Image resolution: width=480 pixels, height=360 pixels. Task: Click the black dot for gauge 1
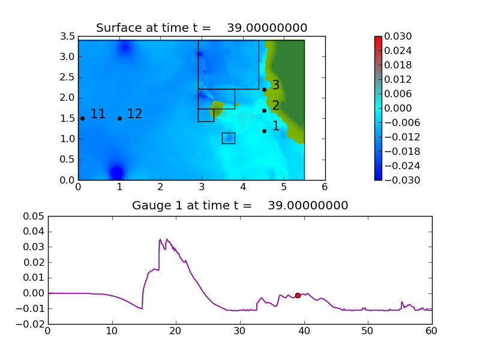pos(264,131)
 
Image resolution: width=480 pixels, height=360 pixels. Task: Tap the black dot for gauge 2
pos(264,110)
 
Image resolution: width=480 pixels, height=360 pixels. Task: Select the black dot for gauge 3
pos(264,89)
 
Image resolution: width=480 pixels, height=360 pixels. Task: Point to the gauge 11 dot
pos(82,118)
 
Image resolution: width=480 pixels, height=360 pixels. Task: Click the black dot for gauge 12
pos(119,118)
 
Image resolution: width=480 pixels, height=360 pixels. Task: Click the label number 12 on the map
pos(134,114)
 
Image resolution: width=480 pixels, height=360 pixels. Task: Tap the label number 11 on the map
pos(98,114)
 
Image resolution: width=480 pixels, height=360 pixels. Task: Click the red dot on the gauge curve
pos(298,295)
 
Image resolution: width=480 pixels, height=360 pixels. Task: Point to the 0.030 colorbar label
pos(398,37)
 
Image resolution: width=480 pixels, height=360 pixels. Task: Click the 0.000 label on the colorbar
pos(398,108)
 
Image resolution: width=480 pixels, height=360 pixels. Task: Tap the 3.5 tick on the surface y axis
pos(68,37)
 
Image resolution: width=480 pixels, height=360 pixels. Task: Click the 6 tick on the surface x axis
pos(325,187)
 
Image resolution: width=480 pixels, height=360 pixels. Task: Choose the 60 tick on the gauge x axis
pos(432,331)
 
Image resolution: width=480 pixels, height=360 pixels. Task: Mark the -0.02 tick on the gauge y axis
pos(31,324)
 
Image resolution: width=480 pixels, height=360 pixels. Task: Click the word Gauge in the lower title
pos(148,206)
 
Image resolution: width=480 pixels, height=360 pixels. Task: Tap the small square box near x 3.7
pos(228,138)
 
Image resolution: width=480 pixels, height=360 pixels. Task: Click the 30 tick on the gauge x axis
pos(240,331)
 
